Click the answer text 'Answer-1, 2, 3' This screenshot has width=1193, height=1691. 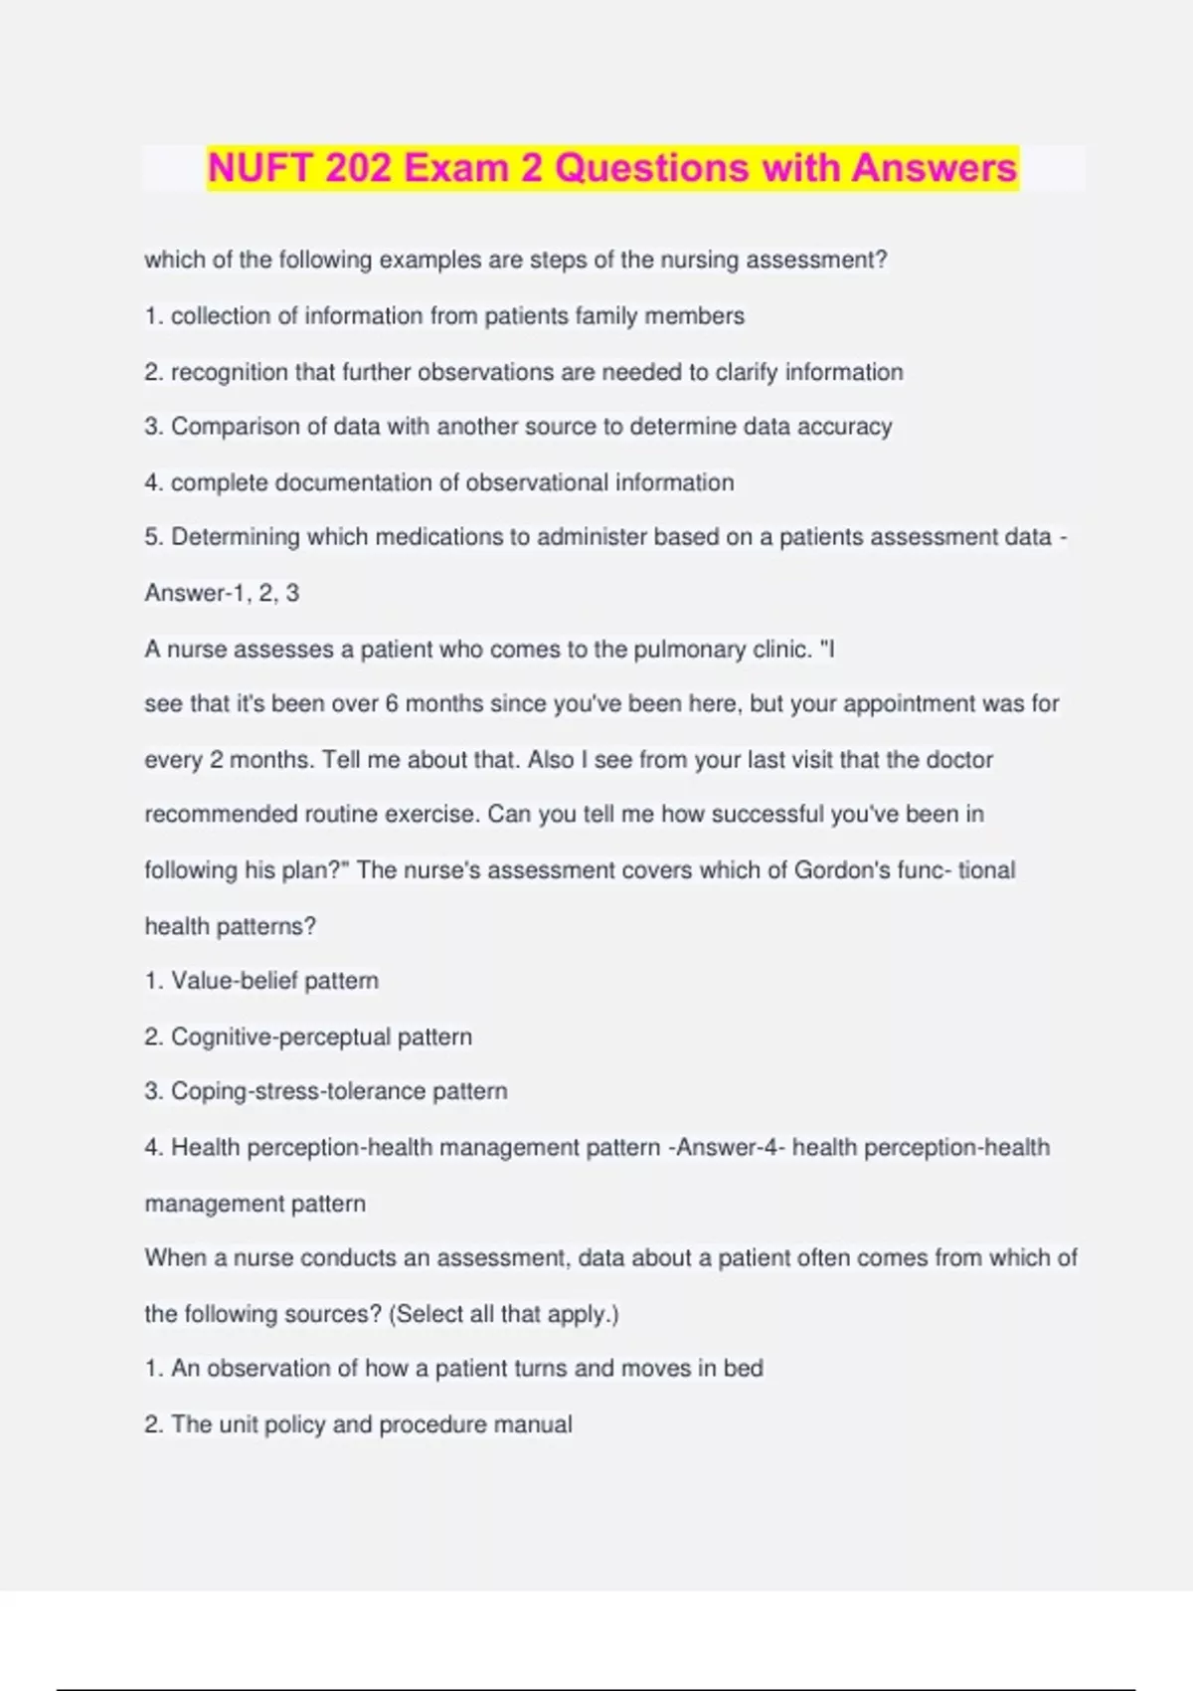(222, 593)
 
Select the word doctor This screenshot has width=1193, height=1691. (959, 760)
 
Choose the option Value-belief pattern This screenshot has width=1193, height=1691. (273, 981)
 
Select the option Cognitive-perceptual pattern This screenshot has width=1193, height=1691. (320, 1036)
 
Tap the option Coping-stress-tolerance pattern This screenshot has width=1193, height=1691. (338, 1091)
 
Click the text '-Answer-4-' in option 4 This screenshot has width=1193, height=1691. (727, 1148)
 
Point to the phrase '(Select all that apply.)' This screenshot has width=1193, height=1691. (504, 1314)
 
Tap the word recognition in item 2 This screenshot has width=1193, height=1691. (229, 372)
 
